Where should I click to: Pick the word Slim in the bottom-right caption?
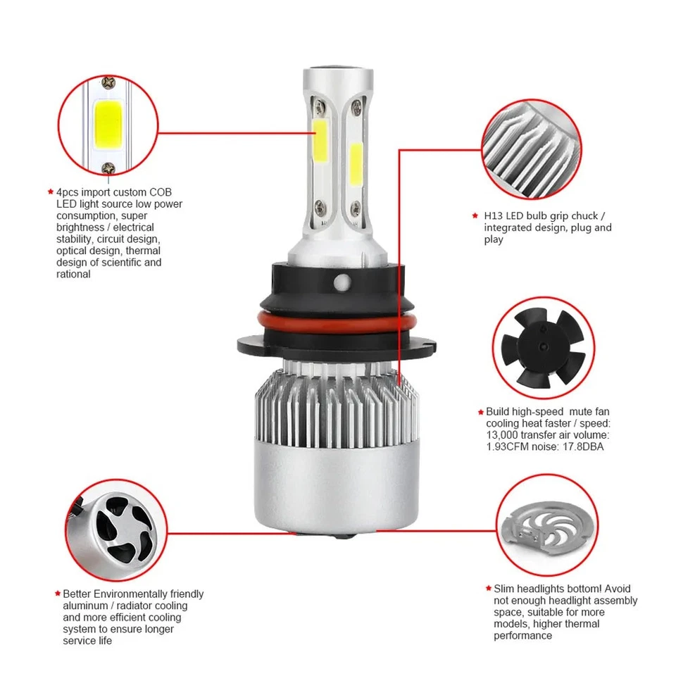coord(505,589)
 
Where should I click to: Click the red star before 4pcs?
coord(50,192)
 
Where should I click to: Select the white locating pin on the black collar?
coord(342,280)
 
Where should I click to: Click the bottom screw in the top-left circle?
coord(108,168)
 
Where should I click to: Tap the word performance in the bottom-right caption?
coord(522,636)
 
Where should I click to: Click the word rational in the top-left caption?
coord(73,274)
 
